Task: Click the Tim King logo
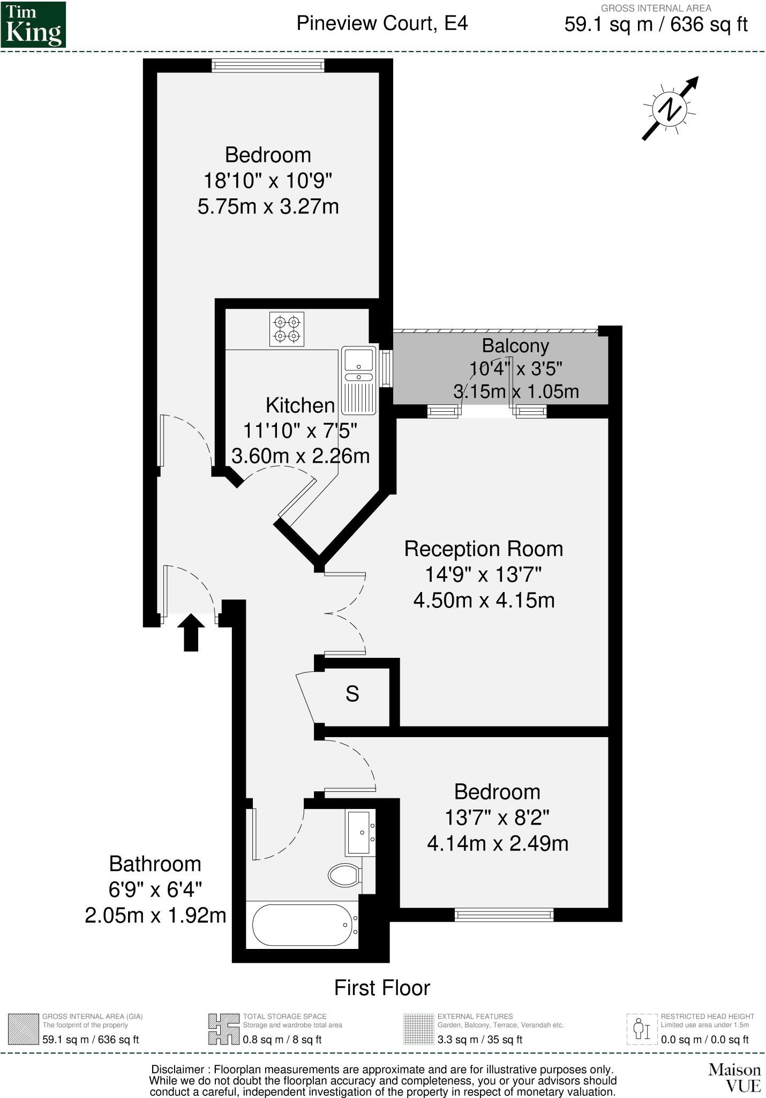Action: [x=33, y=25]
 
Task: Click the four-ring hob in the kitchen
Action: [x=287, y=329]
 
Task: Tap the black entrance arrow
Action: [x=191, y=633]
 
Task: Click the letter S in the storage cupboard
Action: [x=352, y=694]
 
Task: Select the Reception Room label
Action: [x=483, y=549]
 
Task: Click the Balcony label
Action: [x=515, y=346]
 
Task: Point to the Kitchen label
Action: [x=300, y=405]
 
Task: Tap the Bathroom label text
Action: [x=155, y=864]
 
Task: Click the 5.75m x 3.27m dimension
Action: [x=268, y=206]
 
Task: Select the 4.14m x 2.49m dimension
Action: [x=497, y=843]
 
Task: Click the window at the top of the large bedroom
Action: [x=268, y=65]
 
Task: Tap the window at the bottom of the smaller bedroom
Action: [x=504, y=914]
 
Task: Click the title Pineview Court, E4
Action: [x=382, y=24]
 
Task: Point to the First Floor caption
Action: [x=382, y=988]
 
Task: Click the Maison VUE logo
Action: [x=734, y=1078]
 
